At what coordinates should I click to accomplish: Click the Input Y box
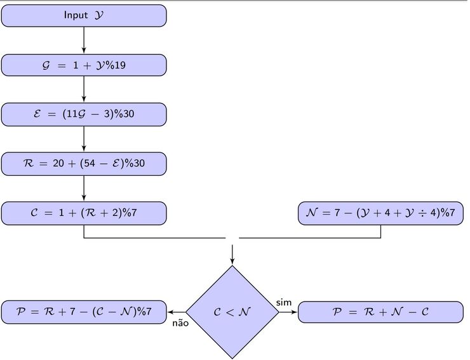coord(84,15)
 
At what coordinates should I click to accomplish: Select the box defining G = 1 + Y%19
coord(84,65)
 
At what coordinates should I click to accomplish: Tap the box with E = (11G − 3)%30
coord(84,114)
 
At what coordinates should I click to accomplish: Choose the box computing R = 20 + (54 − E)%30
coord(84,164)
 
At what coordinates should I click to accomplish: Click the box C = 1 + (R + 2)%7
coord(84,213)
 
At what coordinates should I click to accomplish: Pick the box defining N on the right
coord(380,213)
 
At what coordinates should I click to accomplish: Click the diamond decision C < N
coord(232,312)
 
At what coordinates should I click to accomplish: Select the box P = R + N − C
coord(380,312)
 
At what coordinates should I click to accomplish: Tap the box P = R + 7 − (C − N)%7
coord(84,312)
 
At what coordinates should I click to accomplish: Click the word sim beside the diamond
coord(284,302)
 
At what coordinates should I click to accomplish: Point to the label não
coord(180,323)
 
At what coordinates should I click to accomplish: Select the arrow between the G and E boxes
coord(84,90)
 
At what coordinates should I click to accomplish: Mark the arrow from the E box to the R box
coord(84,139)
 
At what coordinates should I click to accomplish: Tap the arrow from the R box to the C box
coord(84,189)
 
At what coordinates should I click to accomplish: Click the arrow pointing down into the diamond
coord(232,254)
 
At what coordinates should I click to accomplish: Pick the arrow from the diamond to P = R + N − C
coord(288,312)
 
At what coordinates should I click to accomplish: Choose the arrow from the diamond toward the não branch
coord(176,312)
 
